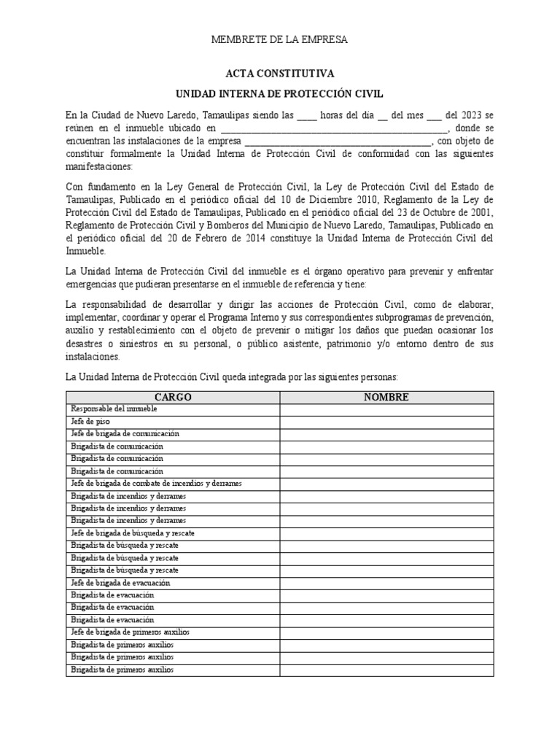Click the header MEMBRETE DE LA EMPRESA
pyautogui.click(x=279, y=39)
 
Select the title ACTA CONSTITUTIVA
pyautogui.click(x=279, y=74)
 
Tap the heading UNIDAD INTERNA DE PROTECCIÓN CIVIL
pyautogui.click(x=279, y=94)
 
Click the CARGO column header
pyautogui.click(x=173, y=397)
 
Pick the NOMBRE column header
pyautogui.click(x=386, y=397)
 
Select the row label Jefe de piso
pyautogui.click(x=87, y=422)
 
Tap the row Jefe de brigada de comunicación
pyautogui.click(x=125, y=434)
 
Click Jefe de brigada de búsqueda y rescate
pyautogui.click(x=132, y=533)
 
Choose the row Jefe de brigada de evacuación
pyautogui.click(x=120, y=583)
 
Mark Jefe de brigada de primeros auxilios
pyautogui.click(x=130, y=632)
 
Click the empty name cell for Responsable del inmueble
pyautogui.click(x=386, y=409)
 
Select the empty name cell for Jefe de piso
pyautogui.click(x=386, y=422)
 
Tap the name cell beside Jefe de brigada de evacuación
pyautogui.click(x=386, y=583)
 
